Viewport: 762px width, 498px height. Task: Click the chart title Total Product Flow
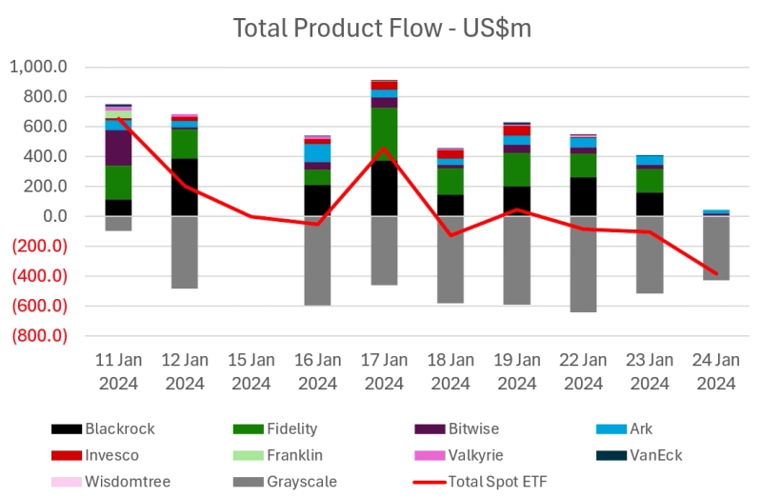point(382,28)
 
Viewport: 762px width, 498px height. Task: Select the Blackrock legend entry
point(118,428)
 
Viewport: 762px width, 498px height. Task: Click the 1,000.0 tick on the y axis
point(38,68)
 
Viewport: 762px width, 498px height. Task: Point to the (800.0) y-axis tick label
point(39,336)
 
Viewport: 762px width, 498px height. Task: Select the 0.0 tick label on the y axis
point(52,216)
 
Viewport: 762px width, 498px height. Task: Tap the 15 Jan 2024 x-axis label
point(251,371)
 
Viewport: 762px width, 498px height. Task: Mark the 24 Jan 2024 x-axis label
point(716,371)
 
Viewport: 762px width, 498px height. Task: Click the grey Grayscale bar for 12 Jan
point(185,252)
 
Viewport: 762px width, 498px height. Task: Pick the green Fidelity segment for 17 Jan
point(384,134)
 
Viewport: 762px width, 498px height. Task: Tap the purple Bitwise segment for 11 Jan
point(118,149)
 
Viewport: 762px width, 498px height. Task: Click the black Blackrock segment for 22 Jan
point(583,197)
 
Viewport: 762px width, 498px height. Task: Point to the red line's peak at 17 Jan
point(384,148)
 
